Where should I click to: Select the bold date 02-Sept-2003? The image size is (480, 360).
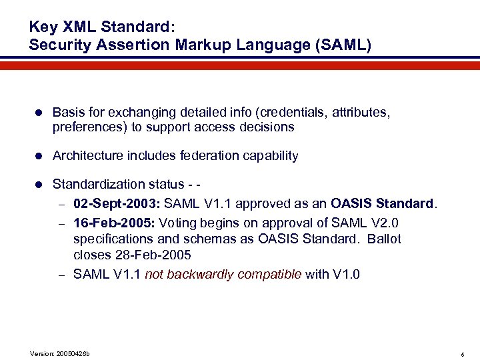[x=116, y=203]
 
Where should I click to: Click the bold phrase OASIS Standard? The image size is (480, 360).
[x=382, y=203]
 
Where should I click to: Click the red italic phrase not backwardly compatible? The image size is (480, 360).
[x=223, y=273]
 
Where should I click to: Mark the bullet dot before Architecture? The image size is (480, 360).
[x=39, y=156]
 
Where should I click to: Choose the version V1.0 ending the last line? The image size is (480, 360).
[x=345, y=273]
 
